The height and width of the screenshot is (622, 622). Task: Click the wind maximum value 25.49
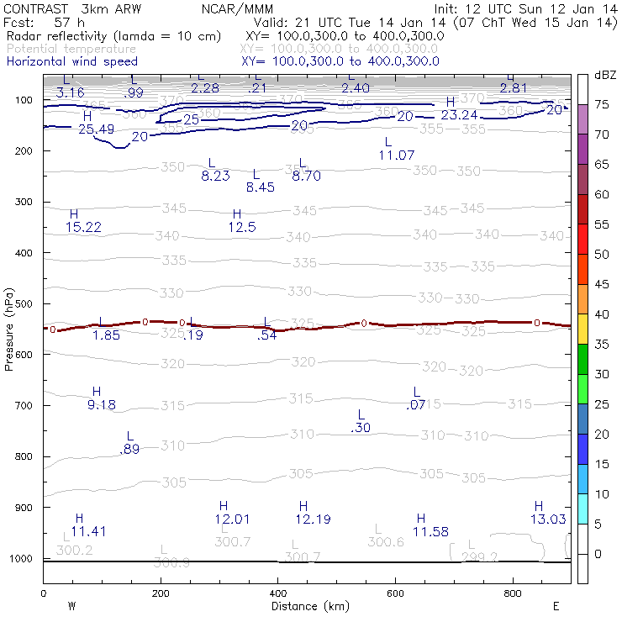click(x=96, y=129)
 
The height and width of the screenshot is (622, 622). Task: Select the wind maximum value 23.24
click(x=459, y=114)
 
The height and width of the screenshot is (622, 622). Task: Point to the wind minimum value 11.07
click(x=397, y=155)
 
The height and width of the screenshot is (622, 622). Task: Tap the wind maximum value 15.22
click(x=83, y=227)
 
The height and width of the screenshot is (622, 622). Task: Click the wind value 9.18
click(x=102, y=404)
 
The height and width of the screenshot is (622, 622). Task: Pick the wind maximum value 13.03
click(x=547, y=519)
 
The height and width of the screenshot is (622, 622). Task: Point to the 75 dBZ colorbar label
click(x=603, y=104)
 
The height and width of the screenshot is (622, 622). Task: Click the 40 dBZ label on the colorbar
click(x=603, y=314)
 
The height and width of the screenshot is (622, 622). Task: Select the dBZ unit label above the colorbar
click(x=605, y=75)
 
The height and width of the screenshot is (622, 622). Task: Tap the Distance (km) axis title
click(x=306, y=605)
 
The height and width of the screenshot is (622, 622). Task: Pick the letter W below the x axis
click(x=71, y=605)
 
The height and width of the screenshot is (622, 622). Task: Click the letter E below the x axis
click(x=555, y=605)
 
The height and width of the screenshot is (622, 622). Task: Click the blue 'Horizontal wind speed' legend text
click(x=72, y=61)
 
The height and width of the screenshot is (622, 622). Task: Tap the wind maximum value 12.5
click(x=242, y=227)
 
